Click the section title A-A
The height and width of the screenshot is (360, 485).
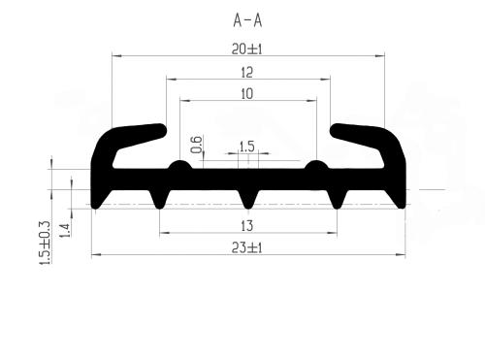click(247, 21)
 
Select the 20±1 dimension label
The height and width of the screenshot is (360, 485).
click(247, 49)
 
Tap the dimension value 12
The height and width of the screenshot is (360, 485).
click(247, 73)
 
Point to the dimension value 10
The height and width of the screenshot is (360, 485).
click(247, 94)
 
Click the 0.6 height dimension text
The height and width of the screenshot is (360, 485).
click(197, 145)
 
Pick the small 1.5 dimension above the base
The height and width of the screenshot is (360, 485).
click(247, 147)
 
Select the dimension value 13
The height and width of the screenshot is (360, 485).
click(247, 226)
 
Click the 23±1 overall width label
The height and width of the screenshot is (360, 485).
click(247, 248)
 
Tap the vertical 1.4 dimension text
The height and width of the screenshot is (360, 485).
click(65, 230)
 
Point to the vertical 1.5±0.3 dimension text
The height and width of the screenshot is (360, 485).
click(45, 244)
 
